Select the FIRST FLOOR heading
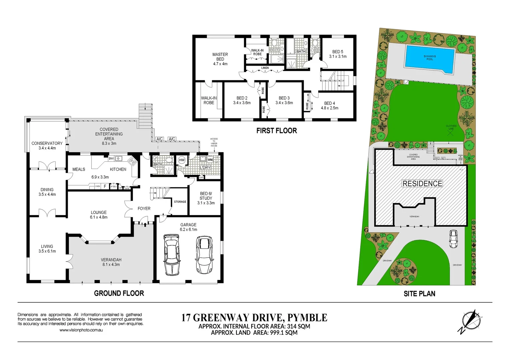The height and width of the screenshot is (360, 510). [x=277, y=131]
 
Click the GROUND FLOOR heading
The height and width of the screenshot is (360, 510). [x=119, y=293]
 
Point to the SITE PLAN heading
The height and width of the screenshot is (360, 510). [x=419, y=294]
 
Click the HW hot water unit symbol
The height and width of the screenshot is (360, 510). [x=182, y=160]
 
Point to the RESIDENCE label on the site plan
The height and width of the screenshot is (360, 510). [x=422, y=184]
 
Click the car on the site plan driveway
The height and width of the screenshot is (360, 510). [x=453, y=239]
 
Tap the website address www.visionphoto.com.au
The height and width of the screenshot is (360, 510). [x=81, y=330]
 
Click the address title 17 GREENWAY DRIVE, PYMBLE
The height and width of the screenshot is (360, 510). [x=254, y=318]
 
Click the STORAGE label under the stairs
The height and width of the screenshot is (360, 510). [x=180, y=202]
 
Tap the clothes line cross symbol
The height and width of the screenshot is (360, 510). [x=451, y=132]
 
